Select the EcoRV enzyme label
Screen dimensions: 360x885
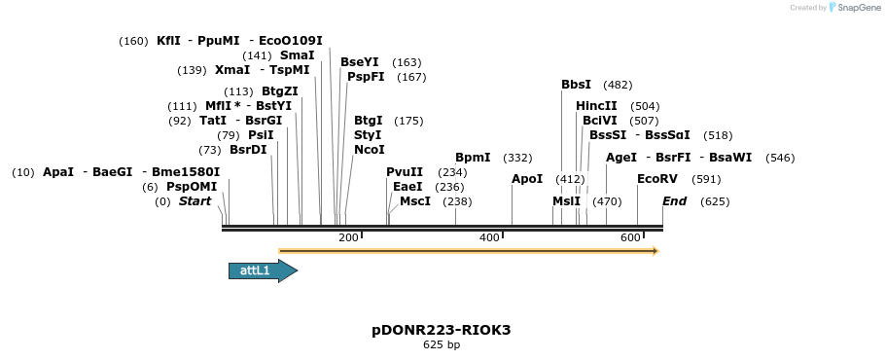pos(656,179)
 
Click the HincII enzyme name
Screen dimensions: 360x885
pos(596,106)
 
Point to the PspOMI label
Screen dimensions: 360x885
pos(192,187)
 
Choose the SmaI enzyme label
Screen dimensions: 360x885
pos(297,55)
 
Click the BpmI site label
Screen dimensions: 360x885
pos(473,158)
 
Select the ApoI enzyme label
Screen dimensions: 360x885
pos(527,179)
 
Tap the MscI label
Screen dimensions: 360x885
pos(415,201)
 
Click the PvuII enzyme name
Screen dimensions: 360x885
pos(405,172)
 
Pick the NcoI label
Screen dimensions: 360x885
pos(370,150)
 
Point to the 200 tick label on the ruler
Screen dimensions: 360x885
pos(348,238)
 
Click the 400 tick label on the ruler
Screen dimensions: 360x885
pos(489,238)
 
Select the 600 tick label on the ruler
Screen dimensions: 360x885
pos(630,238)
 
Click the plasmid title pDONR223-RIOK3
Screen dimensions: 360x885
pos(442,330)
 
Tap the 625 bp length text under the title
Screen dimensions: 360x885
pos(442,344)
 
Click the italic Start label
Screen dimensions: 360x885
pos(195,201)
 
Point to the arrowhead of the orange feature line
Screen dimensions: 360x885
pos(655,251)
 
